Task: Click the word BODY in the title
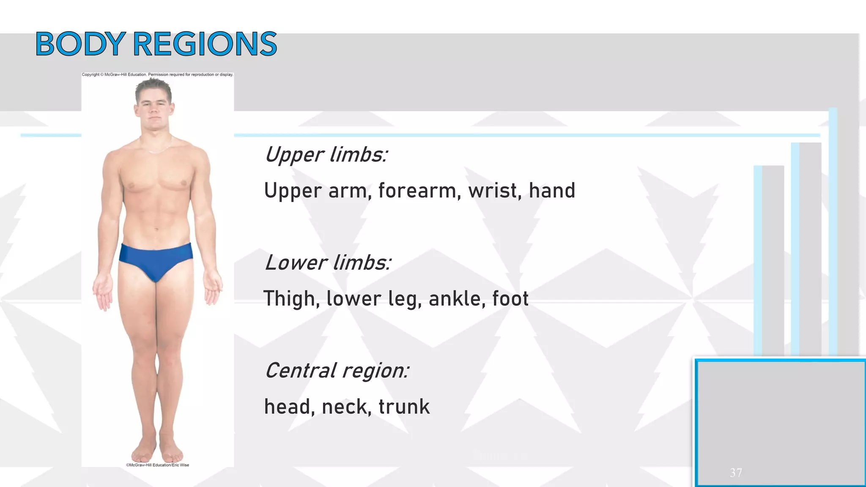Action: (80, 44)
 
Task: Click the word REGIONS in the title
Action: (205, 44)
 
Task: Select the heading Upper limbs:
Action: (326, 155)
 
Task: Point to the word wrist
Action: (493, 191)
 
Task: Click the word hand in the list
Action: (552, 191)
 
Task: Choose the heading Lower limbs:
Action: (328, 263)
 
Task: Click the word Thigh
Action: (291, 299)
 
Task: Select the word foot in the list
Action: (510, 299)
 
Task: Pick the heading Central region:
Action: (337, 371)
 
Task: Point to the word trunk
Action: (404, 407)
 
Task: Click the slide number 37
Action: (736, 473)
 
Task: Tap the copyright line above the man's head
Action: (157, 75)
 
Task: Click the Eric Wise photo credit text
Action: (157, 465)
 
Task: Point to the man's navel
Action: (157, 229)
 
